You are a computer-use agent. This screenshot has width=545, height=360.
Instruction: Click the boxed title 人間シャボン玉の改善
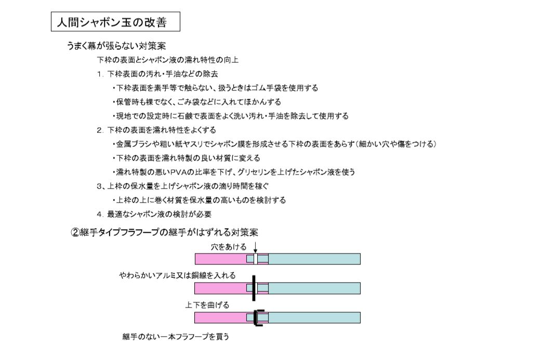pos(115,22)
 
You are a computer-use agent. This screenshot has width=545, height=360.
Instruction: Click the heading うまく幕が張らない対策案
pos(116,46)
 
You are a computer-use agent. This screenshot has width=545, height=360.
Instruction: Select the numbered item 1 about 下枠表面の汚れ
pos(157,74)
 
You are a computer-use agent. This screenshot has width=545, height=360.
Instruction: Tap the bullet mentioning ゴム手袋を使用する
pos(215,88)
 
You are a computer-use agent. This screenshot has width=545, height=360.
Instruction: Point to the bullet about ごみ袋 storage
pos(197,102)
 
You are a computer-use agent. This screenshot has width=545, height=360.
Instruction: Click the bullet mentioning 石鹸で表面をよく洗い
pos(231,116)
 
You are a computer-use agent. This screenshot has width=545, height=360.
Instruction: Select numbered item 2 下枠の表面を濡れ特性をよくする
pos(156,130)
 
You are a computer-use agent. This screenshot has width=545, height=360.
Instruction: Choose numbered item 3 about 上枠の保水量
pos(183,186)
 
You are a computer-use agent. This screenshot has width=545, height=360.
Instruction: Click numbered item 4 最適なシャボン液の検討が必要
pos(154,215)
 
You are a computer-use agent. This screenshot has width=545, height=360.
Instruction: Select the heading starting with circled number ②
pos(164,232)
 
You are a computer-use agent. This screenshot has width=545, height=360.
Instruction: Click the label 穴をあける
pos(229,247)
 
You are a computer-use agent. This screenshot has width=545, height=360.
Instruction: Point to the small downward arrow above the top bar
pos(256,247)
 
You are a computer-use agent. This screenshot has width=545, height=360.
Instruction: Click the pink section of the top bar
pos(220,259)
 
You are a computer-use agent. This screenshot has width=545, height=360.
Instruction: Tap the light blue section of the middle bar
pos(314,288)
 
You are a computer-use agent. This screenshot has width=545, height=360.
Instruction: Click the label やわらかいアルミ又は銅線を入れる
pos(177,275)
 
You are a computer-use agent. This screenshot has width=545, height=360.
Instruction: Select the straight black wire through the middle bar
pos(254,288)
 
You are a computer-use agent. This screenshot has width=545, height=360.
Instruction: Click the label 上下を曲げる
pos(207,305)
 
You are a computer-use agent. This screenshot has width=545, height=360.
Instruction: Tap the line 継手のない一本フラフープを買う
pos(176,337)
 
